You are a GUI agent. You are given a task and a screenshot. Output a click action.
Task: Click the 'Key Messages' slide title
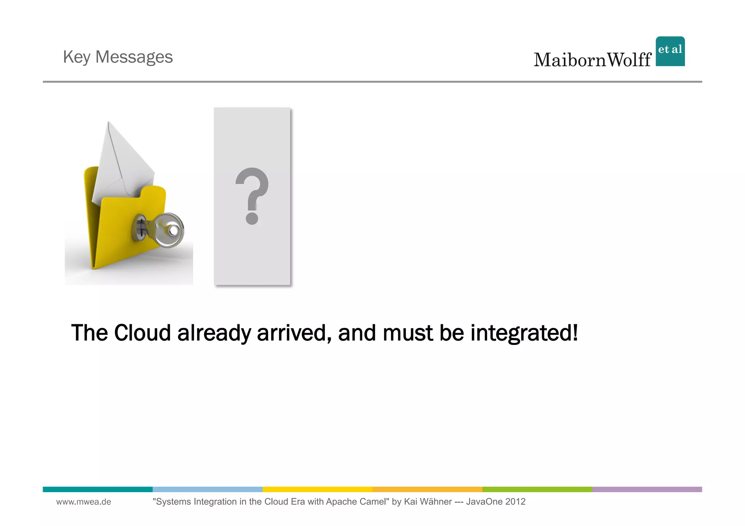[117, 57]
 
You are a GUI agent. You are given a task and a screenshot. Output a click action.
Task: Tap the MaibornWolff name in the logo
[592, 60]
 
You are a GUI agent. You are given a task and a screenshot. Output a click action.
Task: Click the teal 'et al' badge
[670, 51]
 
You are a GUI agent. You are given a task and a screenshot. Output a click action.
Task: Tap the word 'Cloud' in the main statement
[142, 333]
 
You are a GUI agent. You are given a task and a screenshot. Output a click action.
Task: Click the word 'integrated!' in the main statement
[524, 333]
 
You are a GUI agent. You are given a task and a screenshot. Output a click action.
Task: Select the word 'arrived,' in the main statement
[294, 333]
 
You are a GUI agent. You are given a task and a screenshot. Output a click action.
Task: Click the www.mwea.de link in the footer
[84, 502]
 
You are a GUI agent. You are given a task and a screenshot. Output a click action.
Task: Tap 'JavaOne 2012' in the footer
[496, 502]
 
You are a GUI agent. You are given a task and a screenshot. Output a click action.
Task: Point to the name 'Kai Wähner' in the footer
[428, 502]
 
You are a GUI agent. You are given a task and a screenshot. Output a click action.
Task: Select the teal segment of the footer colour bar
[97, 489]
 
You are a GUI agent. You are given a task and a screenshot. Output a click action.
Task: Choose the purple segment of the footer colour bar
[647, 489]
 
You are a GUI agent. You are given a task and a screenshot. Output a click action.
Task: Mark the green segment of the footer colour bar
[537, 489]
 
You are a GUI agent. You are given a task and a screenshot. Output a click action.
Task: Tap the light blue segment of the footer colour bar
[207, 489]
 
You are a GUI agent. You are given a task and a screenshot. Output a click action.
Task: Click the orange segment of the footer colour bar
[427, 489]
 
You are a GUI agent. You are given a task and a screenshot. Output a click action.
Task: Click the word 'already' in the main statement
[214, 333]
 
